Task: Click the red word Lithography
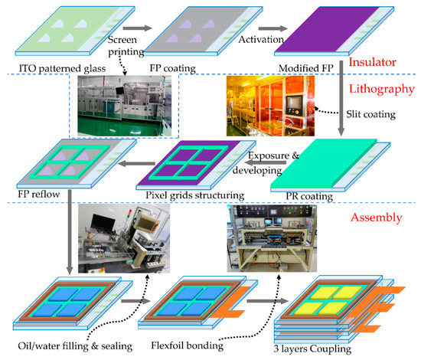click(x=376, y=89)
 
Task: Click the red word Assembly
click(x=377, y=217)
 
